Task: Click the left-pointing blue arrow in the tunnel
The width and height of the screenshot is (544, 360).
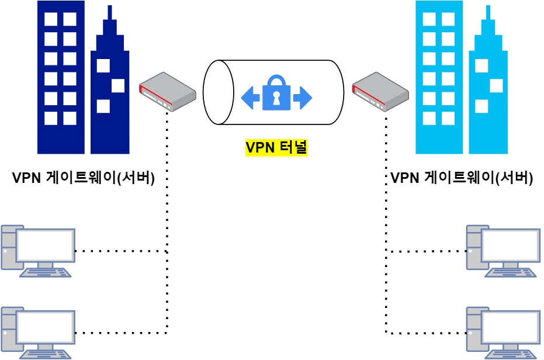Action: [x=250, y=98]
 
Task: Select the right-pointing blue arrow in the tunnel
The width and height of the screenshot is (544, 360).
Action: [x=303, y=98]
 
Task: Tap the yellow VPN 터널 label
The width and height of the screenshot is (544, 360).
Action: [x=276, y=148]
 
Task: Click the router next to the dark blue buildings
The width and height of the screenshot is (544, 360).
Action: [x=167, y=91]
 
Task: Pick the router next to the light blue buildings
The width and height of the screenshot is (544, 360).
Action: [x=380, y=91]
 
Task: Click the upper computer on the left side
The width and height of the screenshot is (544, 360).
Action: [x=38, y=250]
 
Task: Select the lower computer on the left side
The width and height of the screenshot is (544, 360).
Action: [x=38, y=332]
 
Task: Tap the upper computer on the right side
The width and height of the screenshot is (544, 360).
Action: [x=503, y=250]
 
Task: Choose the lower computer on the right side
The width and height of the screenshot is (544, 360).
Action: [x=503, y=332]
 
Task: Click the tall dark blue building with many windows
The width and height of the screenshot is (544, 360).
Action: [x=61, y=77]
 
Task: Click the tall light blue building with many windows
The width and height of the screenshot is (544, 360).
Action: [x=439, y=77]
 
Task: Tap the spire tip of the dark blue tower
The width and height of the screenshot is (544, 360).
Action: [x=110, y=8]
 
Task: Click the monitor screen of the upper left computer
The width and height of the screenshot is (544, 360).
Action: [x=46, y=245]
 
